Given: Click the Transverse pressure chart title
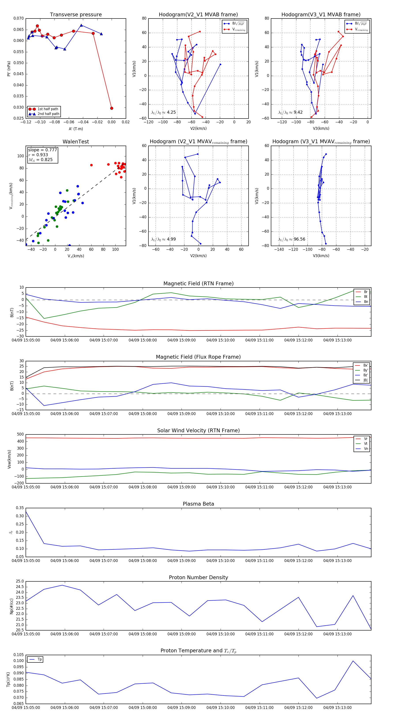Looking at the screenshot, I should (x=76, y=15).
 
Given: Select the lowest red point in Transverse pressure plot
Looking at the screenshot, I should (x=112, y=108).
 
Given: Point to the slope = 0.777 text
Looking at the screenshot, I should (x=42, y=150).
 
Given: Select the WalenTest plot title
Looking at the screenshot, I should (x=76, y=142).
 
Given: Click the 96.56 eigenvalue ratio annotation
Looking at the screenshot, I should (x=299, y=239).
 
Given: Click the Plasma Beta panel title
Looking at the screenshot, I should (x=198, y=504).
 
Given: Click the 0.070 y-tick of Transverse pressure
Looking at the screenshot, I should (x=19, y=18).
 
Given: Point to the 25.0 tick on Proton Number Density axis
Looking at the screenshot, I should (x=20, y=581).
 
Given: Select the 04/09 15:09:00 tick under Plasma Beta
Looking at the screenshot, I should (x=181, y=561).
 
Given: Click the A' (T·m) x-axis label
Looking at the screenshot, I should (x=76, y=129).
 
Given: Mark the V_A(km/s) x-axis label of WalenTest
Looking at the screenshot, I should (x=76, y=256).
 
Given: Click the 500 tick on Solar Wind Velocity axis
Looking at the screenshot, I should (x=20, y=434).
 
